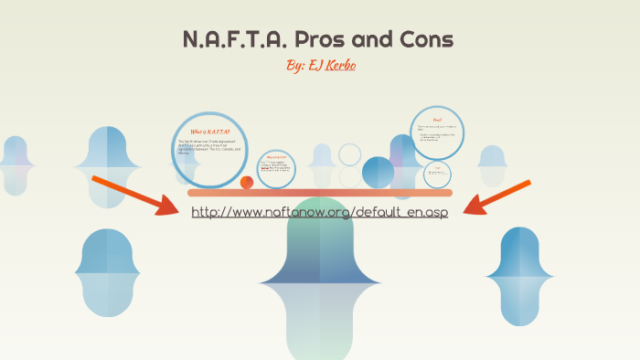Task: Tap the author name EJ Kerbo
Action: [x=333, y=68]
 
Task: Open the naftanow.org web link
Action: [x=320, y=212]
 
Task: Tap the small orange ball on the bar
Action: [x=247, y=183]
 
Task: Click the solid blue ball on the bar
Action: [x=378, y=172]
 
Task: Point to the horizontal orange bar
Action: [x=320, y=193]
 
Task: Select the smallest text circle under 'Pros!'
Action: [x=438, y=173]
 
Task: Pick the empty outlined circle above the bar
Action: [x=349, y=154]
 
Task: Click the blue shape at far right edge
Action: [x=521, y=274]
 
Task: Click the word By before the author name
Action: [x=296, y=68]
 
